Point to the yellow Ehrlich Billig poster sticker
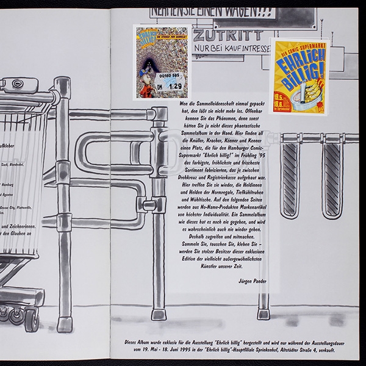coord(299,76)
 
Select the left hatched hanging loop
coord(291,179)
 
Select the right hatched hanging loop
coord(332,179)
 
